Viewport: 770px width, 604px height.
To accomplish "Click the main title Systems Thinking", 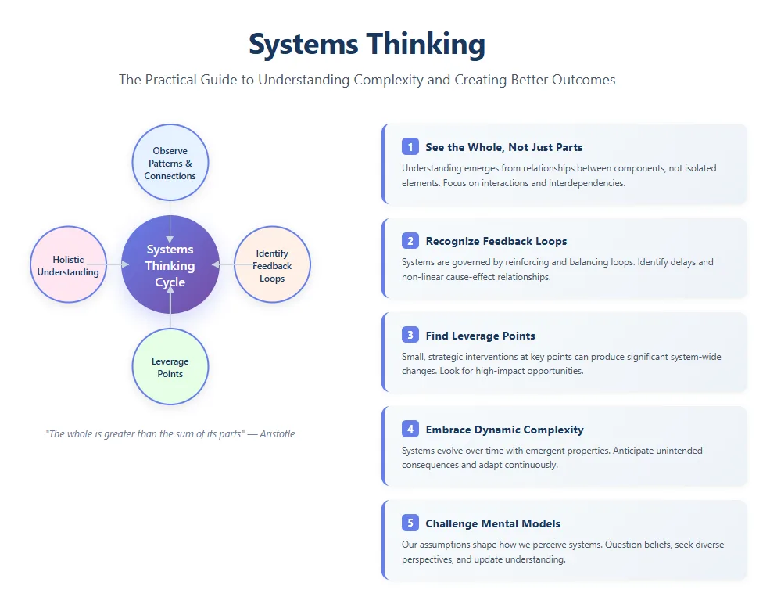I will tap(367, 44).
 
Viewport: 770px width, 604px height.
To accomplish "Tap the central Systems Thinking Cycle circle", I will tap(170, 265).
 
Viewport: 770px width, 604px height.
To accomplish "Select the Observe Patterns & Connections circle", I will tap(170, 163).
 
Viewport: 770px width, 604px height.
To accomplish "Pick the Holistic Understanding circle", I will tap(68, 265).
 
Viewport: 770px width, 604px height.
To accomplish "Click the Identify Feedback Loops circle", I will tap(272, 265).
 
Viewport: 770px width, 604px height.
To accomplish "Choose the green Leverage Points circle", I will tap(170, 367).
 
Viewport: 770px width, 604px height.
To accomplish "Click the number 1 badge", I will tap(410, 147).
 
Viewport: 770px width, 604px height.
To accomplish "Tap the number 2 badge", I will tap(410, 241).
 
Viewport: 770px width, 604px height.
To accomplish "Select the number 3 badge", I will tap(410, 336).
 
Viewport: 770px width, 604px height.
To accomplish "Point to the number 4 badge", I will tap(410, 430).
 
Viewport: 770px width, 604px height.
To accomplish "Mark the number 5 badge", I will tap(410, 523).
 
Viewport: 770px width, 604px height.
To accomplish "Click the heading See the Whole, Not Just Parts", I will tap(503, 147).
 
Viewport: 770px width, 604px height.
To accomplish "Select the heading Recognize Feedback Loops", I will tap(496, 241).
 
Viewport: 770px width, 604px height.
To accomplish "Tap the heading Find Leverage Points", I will tap(480, 336).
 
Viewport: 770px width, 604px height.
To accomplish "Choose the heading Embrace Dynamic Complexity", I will tap(504, 430).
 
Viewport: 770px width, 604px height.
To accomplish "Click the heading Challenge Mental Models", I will tap(492, 523).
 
